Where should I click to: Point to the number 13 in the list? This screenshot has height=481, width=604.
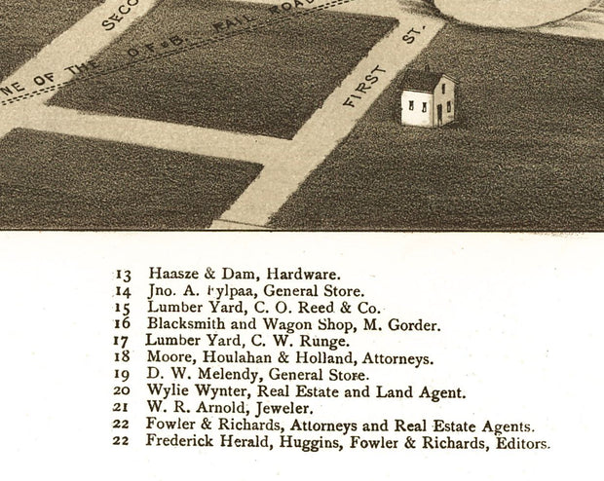(x=123, y=275)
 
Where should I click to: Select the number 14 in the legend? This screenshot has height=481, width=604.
(x=123, y=291)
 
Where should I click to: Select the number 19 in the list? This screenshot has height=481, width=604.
(x=123, y=375)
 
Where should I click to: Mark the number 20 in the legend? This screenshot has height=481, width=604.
(x=123, y=392)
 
